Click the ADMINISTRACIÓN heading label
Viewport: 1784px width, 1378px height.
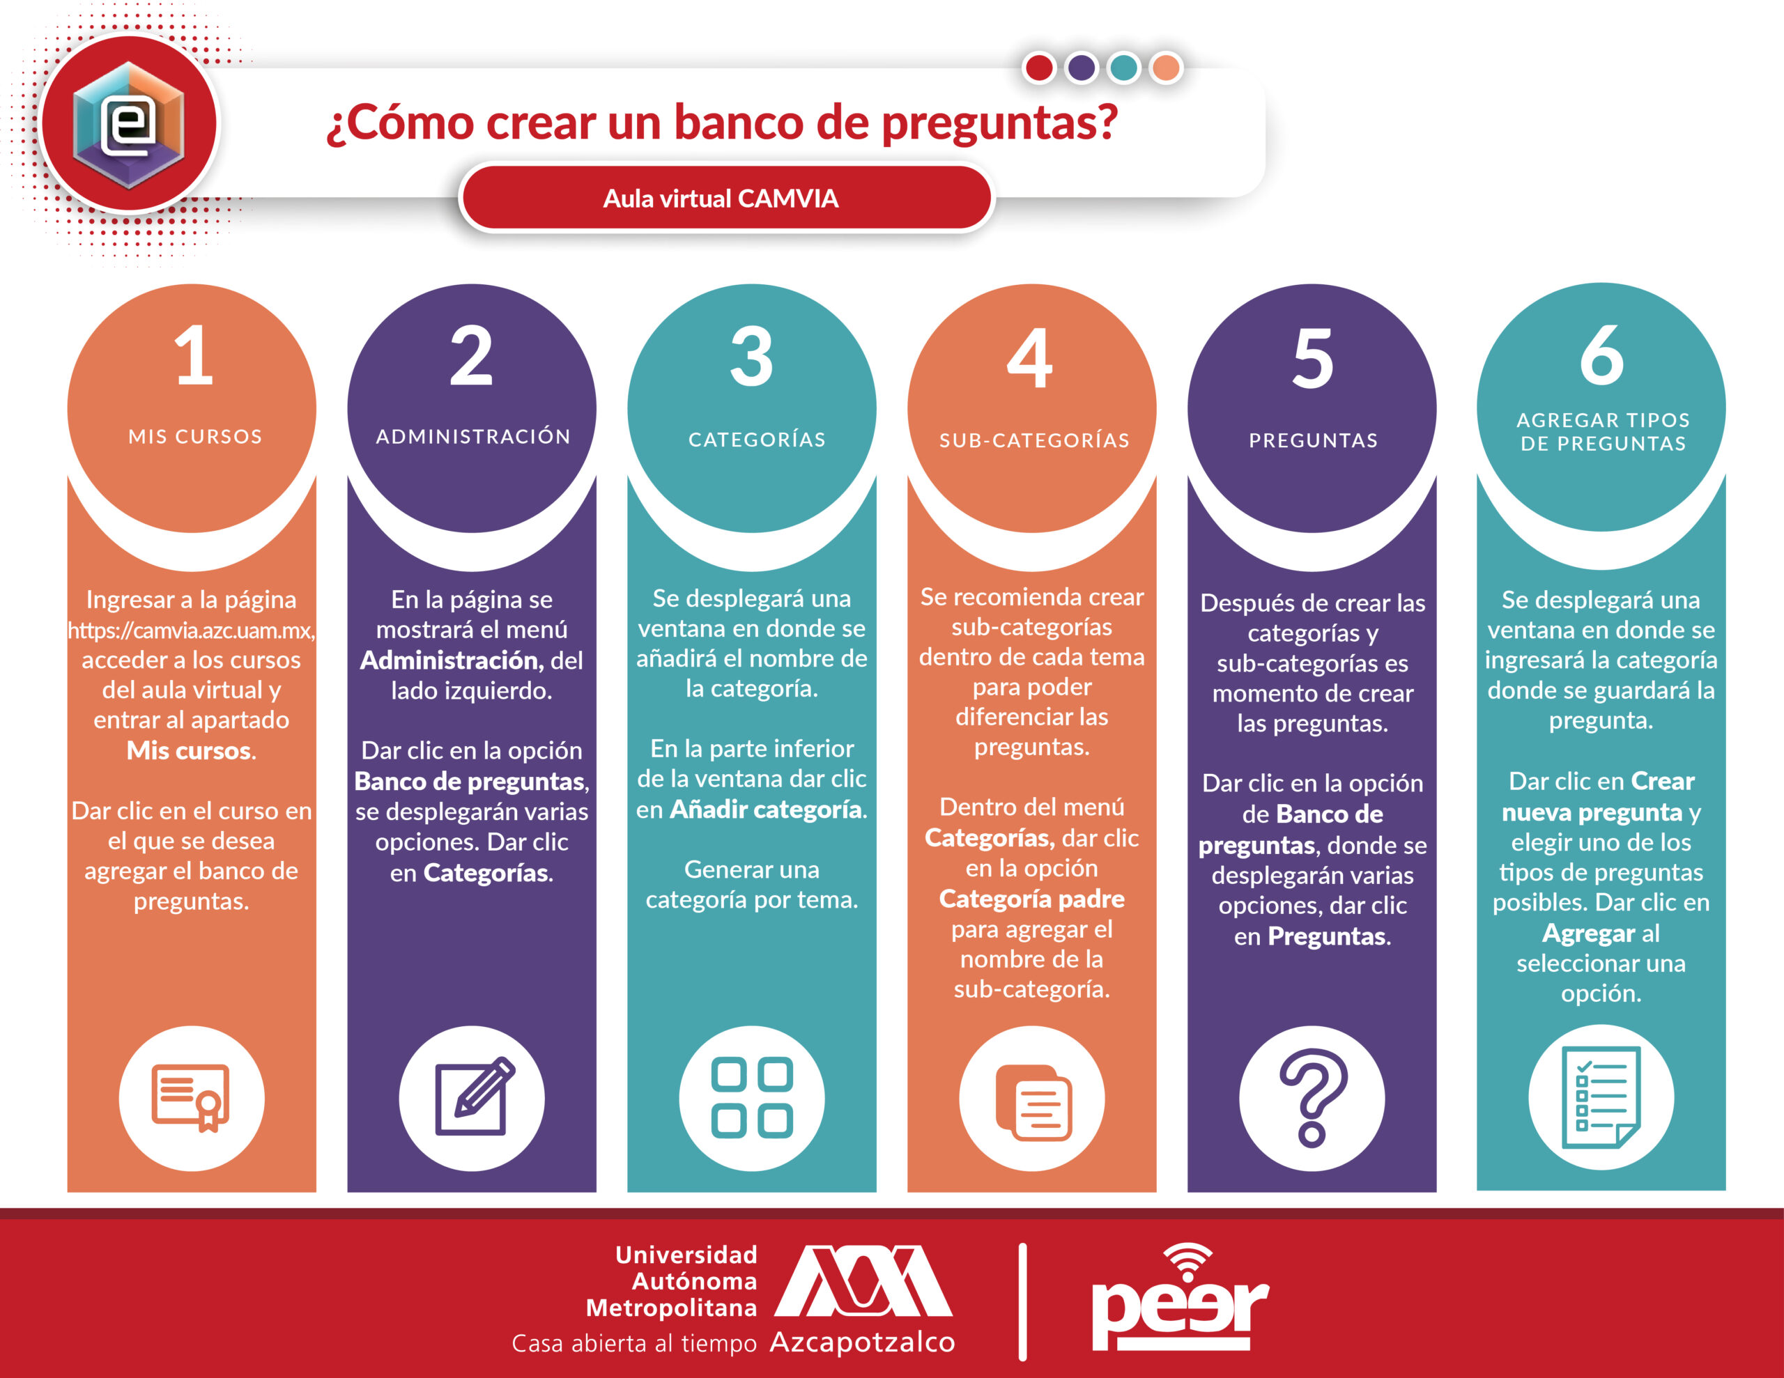473,436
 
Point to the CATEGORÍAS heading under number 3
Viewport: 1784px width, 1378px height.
756,440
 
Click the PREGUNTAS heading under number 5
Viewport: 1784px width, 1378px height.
1314,440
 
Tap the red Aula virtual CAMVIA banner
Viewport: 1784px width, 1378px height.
726,198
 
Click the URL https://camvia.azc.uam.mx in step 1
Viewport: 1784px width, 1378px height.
190,630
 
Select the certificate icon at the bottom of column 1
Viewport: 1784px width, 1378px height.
191,1097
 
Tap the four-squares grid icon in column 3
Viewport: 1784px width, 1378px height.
751,1098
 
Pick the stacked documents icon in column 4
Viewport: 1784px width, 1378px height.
1033,1102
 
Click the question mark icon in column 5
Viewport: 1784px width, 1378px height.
1313,1097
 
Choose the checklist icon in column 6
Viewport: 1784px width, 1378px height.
1601,1097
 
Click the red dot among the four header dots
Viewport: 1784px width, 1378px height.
1039,68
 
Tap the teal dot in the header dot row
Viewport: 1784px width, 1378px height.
1124,68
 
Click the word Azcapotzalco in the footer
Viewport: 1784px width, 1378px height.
863,1342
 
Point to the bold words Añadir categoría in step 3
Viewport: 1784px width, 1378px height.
766,810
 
